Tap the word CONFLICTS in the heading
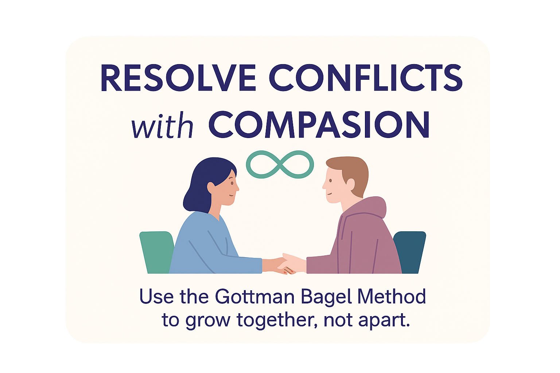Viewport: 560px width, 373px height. coord(366,78)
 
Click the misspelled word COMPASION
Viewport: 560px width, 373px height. coord(319,125)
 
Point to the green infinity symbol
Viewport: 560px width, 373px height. coord(280,164)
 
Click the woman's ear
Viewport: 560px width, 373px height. coord(211,188)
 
